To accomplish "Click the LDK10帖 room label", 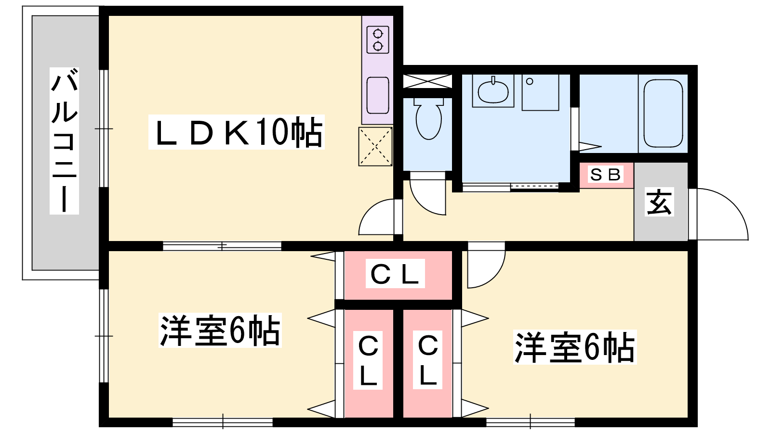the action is (x=237, y=132).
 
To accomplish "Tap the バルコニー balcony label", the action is (x=65, y=141).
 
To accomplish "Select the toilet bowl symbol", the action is (x=428, y=118).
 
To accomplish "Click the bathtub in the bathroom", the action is (x=663, y=114).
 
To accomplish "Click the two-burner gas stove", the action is (x=378, y=40).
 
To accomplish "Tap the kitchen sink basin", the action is (x=378, y=95).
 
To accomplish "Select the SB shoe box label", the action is (x=606, y=175).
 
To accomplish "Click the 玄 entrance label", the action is (x=659, y=202).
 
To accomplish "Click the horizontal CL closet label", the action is (x=395, y=274).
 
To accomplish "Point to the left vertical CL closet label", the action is (x=368, y=360).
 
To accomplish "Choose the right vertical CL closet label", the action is (x=427, y=360).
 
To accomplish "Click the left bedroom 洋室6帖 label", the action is (x=220, y=330).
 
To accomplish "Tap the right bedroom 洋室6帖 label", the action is (x=575, y=347).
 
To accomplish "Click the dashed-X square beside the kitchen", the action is (x=375, y=147).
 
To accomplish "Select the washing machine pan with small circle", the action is (x=540, y=92).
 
